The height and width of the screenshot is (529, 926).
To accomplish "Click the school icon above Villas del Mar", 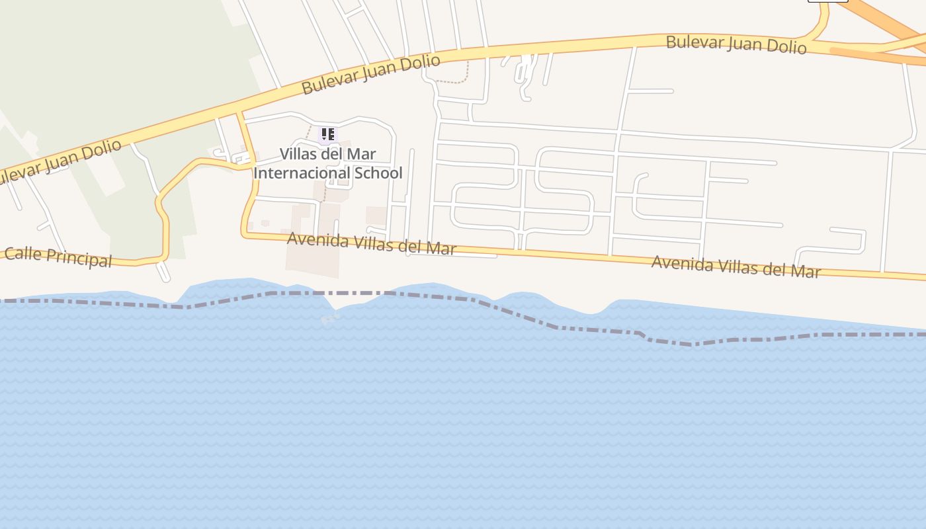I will coord(327,134).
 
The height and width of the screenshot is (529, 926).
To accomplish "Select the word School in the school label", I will coord(378,173).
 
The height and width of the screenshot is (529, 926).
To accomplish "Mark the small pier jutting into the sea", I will coord(329,318).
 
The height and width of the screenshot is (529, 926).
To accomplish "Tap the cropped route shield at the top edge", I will coord(827,1).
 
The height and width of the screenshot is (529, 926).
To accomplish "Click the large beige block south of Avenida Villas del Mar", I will coord(312,261).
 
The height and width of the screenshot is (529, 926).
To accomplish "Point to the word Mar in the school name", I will coord(362,154).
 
